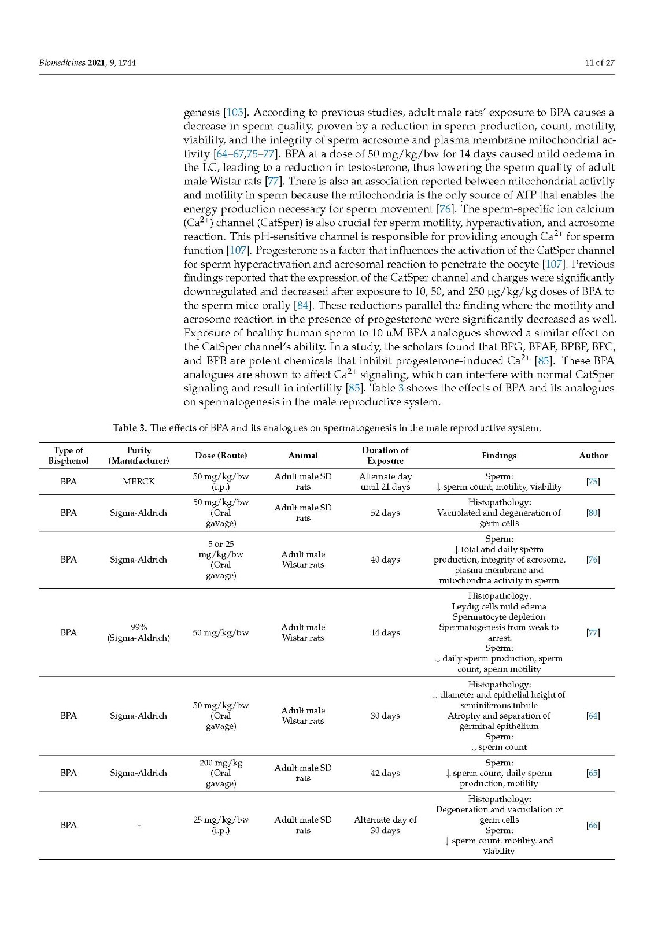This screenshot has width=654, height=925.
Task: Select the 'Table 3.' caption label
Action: point(130,428)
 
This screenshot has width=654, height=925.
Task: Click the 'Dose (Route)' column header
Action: point(221,456)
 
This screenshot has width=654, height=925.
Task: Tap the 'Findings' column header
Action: point(498,456)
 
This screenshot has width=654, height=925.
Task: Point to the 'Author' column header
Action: point(593,456)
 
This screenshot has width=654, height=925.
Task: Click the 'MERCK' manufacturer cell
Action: point(138,482)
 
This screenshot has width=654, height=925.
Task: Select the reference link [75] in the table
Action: point(593,482)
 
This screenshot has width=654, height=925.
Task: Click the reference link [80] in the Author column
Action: point(593,513)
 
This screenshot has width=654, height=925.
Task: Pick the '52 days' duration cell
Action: point(385,513)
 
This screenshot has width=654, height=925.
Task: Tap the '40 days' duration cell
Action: point(385,560)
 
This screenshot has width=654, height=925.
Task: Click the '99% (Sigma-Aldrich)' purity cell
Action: point(138,632)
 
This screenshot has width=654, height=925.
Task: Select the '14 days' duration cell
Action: point(385,632)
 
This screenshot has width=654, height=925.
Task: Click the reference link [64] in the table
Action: point(593,716)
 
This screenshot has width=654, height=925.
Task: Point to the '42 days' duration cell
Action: point(385,773)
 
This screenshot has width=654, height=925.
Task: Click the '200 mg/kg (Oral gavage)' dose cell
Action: point(221,773)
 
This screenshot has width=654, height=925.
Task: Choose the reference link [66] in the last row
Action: point(593,825)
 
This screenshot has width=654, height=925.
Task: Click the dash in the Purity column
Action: point(138,826)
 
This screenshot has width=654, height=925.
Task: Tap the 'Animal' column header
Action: point(303,456)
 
